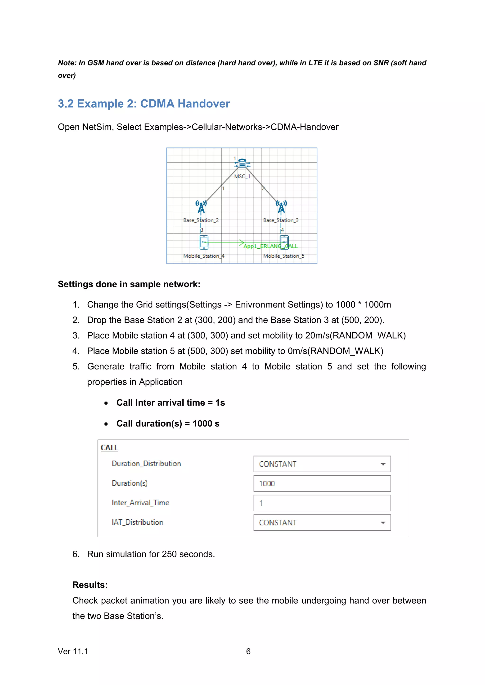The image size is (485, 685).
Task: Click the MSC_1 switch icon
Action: pyautogui.click(x=242, y=163)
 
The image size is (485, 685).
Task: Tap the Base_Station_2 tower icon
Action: pyautogui.click(x=201, y=207)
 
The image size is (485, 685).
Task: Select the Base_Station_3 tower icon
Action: pyautogui.click(x=281, y=207)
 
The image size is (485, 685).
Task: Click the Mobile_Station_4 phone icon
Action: pyautogui.click(x=204, y=242)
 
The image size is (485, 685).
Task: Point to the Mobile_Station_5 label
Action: pyautogui.click(x=284, y=256)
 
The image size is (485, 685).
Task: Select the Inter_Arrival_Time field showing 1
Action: pyautogui.click(x=322, y=503)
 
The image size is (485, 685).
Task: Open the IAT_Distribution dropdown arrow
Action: pyautogui.click(x=383, y=523)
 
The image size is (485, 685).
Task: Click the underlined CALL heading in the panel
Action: pyautogui.click(x=109, y=448)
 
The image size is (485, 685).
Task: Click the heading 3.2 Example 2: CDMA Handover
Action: pyautogui.click(x=144, y=104)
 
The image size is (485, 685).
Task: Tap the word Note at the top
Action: pyautogui.click(x=67, y=63)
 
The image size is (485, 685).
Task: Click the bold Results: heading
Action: pyautogui.click(x=90, y=585)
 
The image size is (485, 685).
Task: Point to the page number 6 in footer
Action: pyautogui.click(x=248, y=651)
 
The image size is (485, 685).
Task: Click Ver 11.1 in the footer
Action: pyautogui.click(x=73, y=651)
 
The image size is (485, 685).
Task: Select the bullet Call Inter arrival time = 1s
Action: pyautogui.click(x=171, y=403)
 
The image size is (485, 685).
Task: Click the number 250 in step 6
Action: pyautogui.click(x=169, y=554)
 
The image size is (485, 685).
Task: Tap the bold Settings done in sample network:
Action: pyautogui.click(x=129, y=284)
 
